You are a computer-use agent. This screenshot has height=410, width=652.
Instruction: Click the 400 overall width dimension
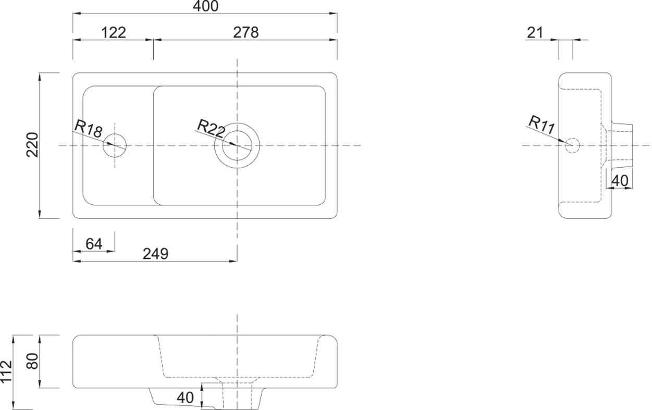click(x=205, y=6)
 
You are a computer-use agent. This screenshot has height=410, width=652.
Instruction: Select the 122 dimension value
click(x=114, y=33)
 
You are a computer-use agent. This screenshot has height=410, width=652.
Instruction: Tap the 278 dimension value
click(x=245, y=33)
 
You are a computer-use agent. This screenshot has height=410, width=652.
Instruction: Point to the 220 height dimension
click(x=32, y=145)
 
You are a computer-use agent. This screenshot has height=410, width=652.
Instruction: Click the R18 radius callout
click(x=89, y=128)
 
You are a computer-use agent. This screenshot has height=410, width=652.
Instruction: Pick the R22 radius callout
click(x=211, y=128)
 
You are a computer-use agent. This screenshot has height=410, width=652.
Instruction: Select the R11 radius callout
click(x=542, y=125)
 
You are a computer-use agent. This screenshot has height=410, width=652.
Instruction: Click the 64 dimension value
click(x=94, y=244)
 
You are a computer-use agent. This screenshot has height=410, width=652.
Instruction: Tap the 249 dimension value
click(x=155, y=254)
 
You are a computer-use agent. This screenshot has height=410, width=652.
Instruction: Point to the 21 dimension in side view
click(x=535, y=33)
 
